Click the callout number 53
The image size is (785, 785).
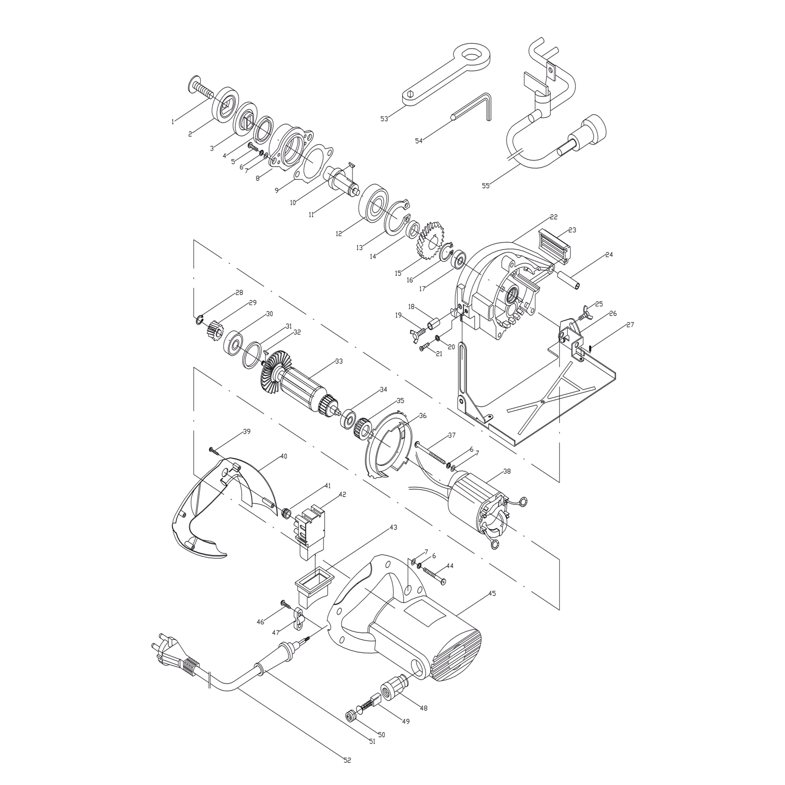coord(384,119)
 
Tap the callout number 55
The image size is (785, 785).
coord(486,186)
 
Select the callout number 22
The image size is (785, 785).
coord(554,217)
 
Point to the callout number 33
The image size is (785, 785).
coord(339,361)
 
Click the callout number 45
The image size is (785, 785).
coord(492,593)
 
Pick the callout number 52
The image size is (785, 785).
coord(347,760)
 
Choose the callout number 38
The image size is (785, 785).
coord(507,471)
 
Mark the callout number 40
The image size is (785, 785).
coord(283,456)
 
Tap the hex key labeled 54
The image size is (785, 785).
coord(472,107)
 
